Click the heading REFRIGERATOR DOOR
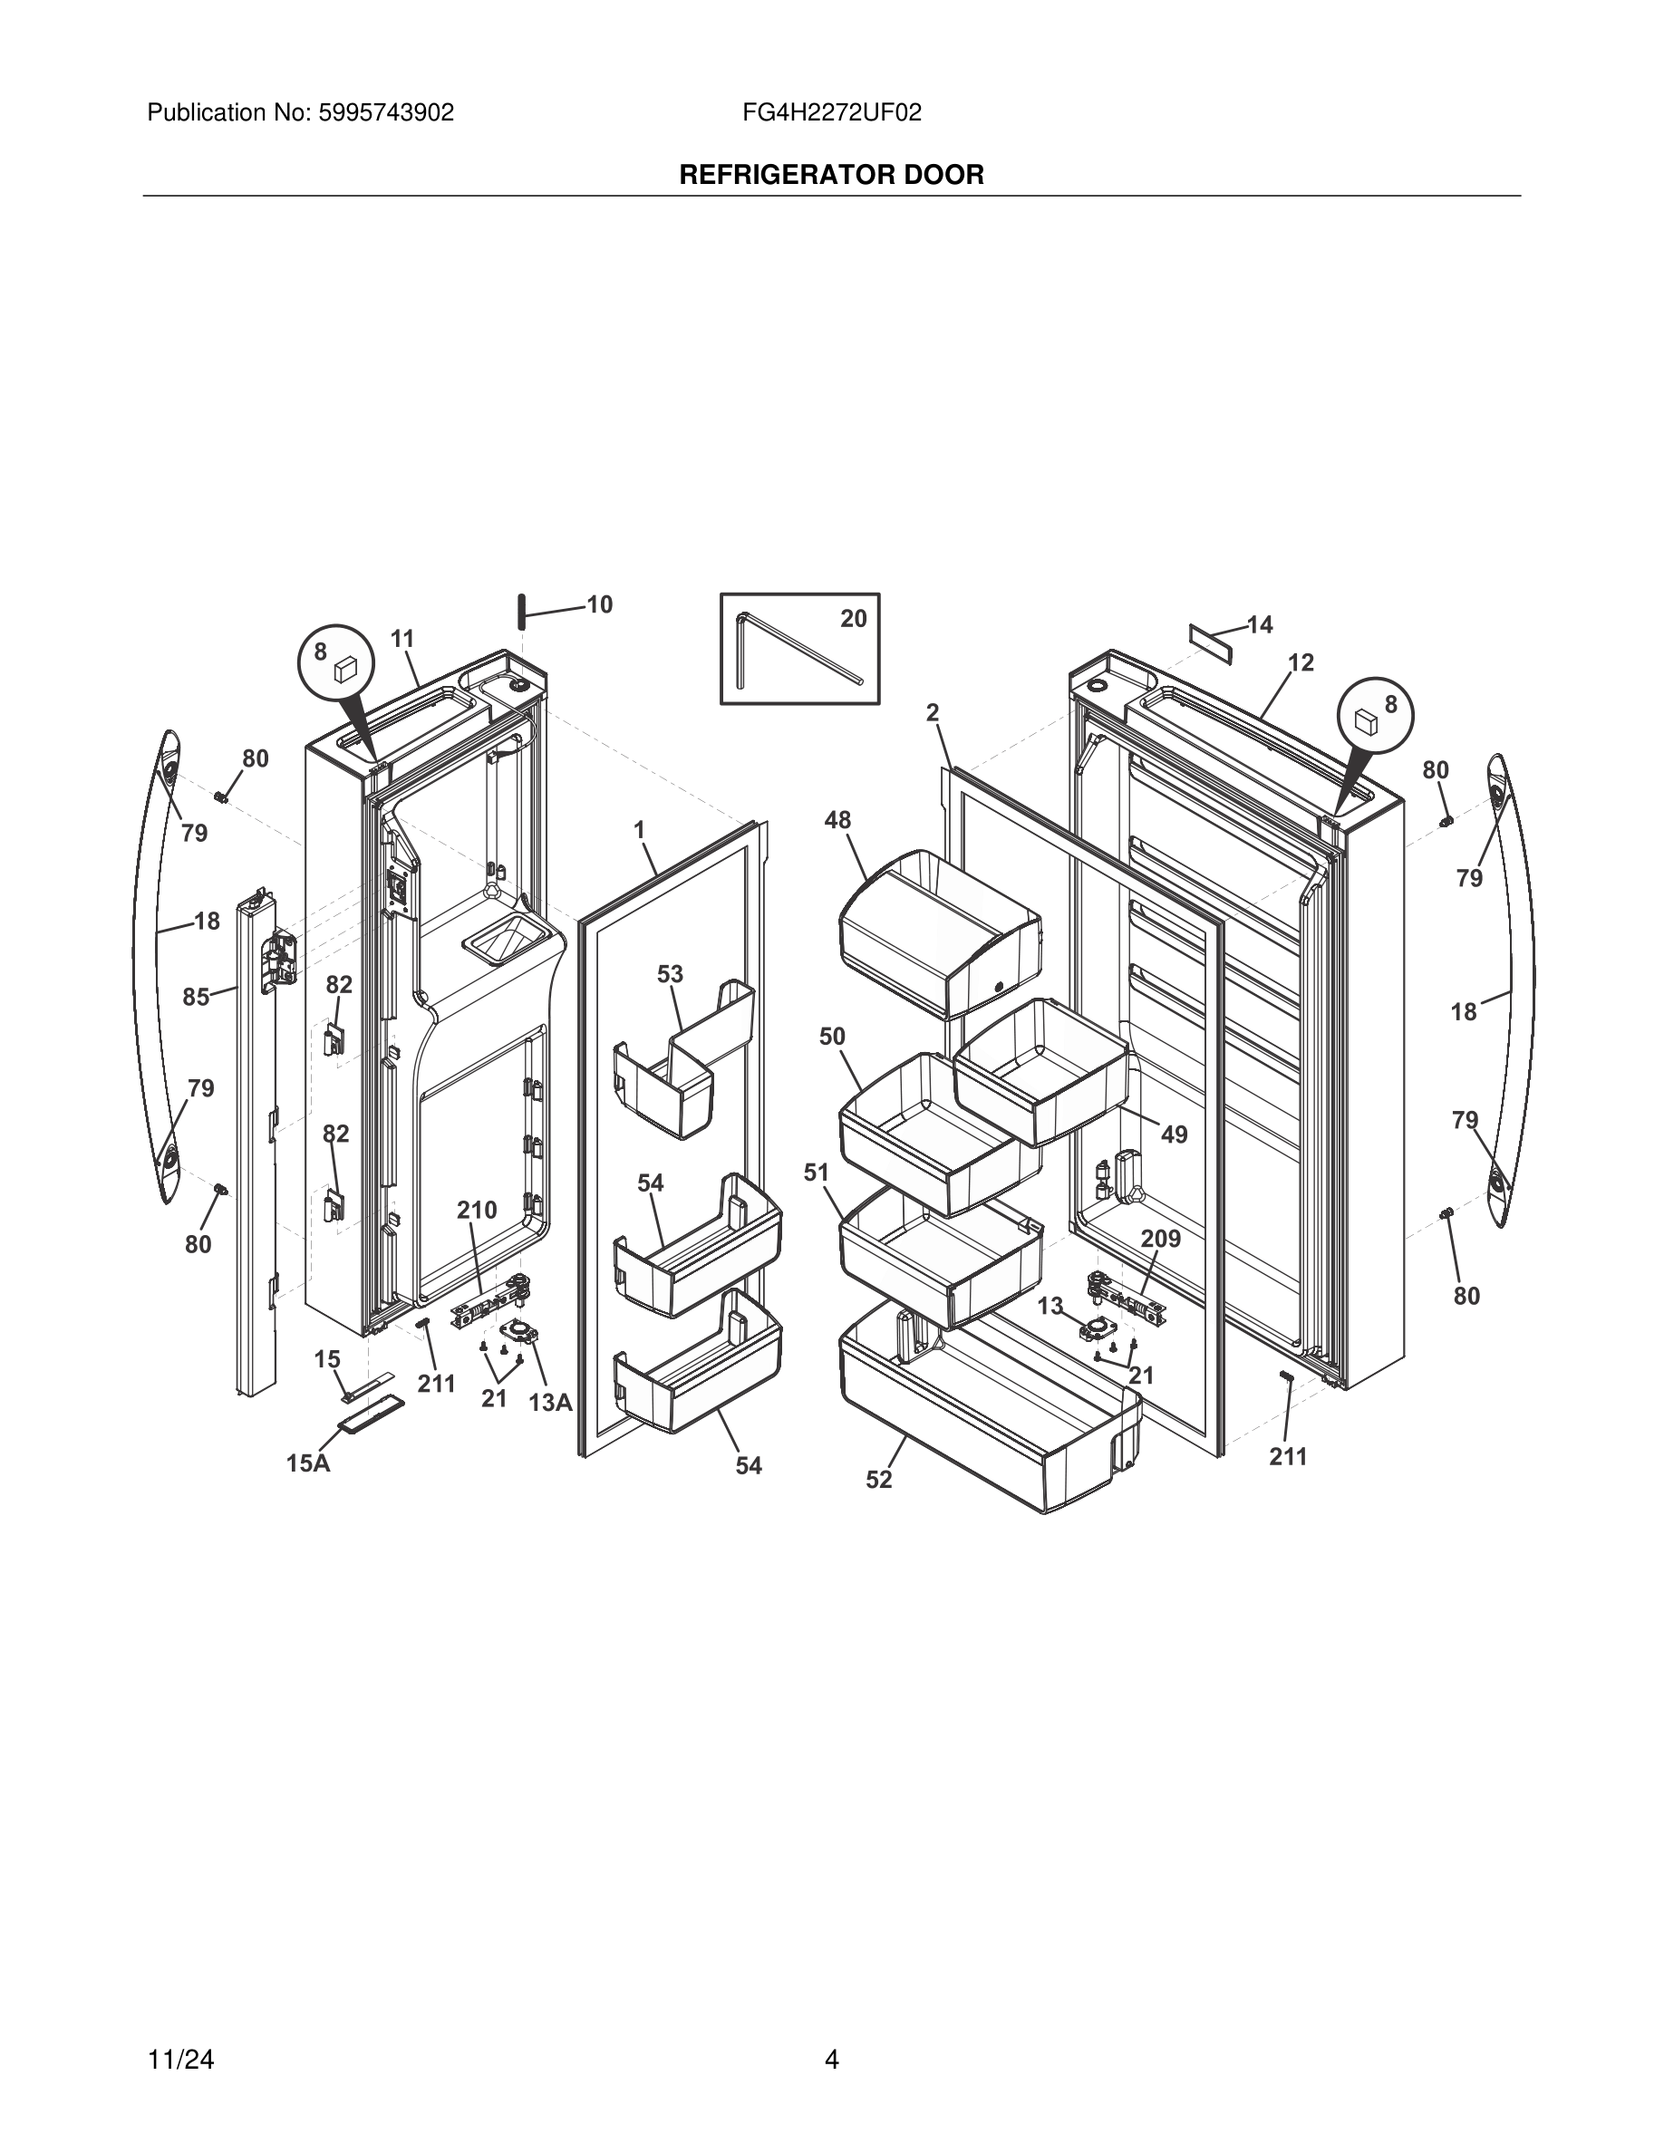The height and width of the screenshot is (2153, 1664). pyautogui.click(x=831, y=176)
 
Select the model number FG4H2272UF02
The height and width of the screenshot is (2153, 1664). pyautogui.click(x=832, y=113)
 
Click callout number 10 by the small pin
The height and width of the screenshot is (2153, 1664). pyautogui.click(x=599, y=605)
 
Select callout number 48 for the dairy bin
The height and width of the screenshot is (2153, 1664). pyautogui.click(x=838, y=820)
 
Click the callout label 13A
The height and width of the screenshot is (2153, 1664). pyautogui.click(x=550, y=1403)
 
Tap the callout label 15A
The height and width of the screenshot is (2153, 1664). pyautogui.click(x=308, y=1464)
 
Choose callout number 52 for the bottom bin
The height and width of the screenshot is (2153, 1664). pyautogui.click(x=879, y=1480)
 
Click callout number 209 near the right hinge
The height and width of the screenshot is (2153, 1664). pyautogui.click(x=1160, y=1240)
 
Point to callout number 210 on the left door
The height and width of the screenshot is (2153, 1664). pyautogui.click(x=476, y=1211)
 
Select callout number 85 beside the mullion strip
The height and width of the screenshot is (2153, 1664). pyautogui.click(x=196, y=997)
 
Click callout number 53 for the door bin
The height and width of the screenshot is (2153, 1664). pyautogui.click(x=671, y=974)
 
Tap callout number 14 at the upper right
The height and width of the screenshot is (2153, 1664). pyautogui.click(x=1260, y=625)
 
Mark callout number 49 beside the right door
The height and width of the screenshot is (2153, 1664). pyautogui.click(x=1174, y=1134)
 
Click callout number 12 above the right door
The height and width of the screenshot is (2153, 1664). pyautogui.click(x=1301, y=663)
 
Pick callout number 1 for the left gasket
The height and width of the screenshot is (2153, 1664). pyautogui.click(x=639, y=830)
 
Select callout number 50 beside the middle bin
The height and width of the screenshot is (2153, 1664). pyautogui.click(x=832, y=1036)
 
